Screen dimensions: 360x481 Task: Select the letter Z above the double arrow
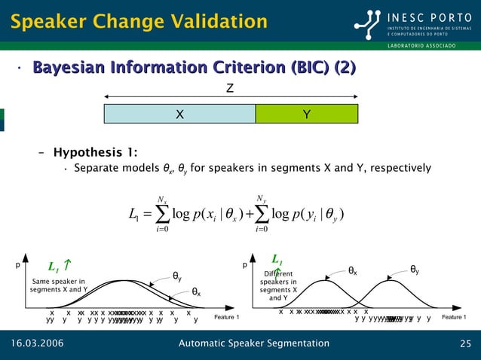pos(230,89)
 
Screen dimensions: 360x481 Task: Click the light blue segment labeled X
pos(179,114)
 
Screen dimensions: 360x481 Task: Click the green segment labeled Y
pos(307,114)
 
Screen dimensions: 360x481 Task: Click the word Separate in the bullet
pos(95,168)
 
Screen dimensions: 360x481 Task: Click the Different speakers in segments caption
pos(280,285)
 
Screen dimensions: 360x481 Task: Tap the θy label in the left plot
pos(177,276)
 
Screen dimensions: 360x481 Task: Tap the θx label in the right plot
pos(352,270)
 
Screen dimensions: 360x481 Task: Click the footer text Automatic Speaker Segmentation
pos(253,344)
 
